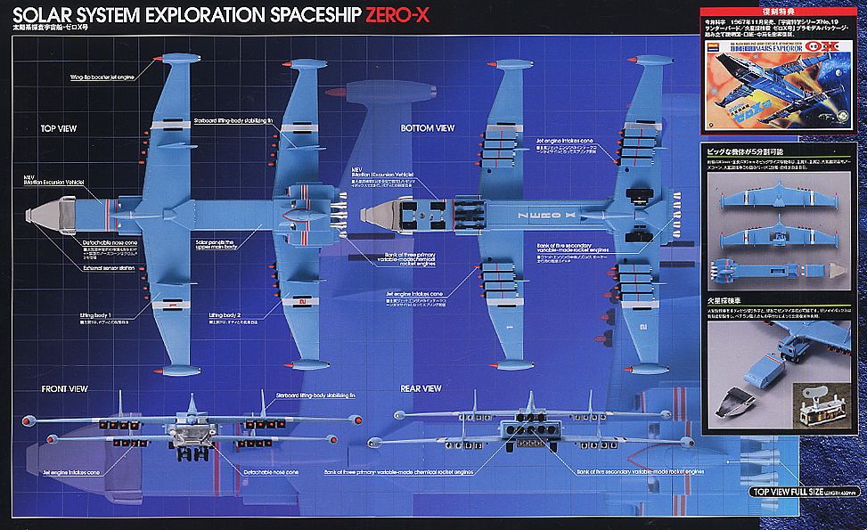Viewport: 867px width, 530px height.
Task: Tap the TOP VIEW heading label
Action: click(59, 128)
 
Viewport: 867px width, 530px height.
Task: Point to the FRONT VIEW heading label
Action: click(64, 389)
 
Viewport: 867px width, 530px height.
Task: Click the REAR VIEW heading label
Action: click(421, 388)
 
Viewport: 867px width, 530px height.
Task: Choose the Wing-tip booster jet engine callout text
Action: click(106, 77)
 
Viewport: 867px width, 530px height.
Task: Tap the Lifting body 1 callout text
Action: click(94, 315)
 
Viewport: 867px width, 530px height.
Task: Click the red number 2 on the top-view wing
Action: click(303, 303)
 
